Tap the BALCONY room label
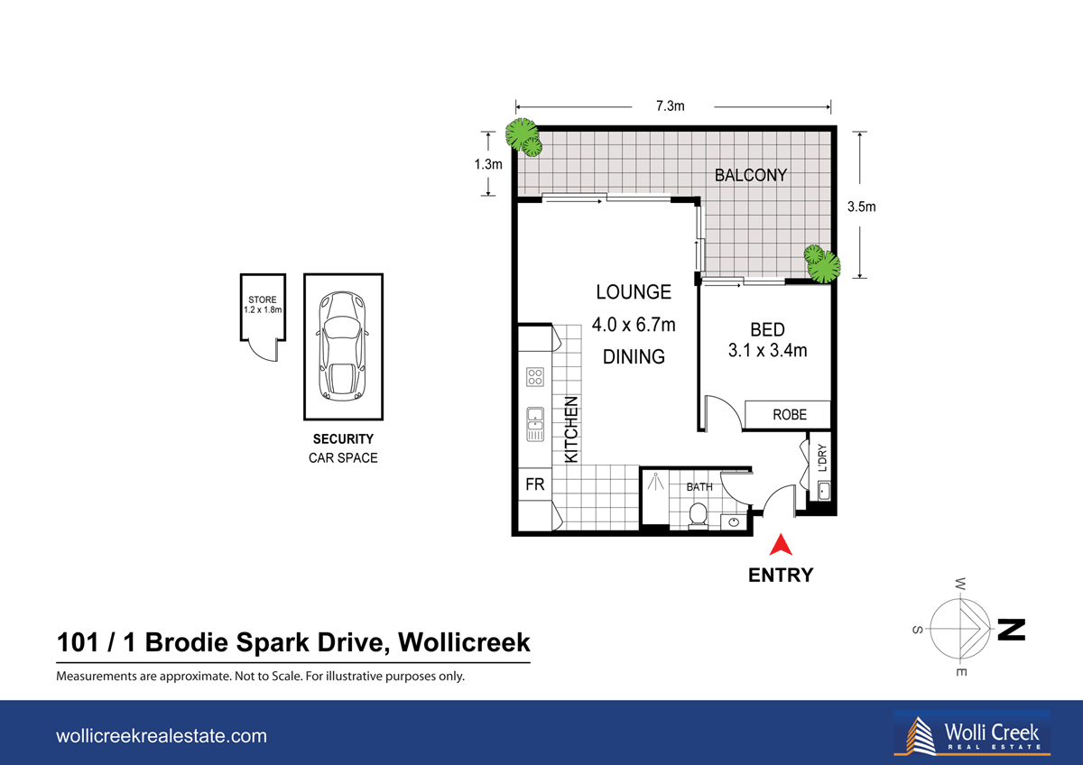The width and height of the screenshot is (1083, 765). coord(751,175)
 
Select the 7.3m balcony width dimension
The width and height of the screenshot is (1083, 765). coord(671,106)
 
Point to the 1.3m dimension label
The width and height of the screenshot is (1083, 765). coord(488,164)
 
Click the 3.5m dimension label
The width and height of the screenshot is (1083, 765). coord(861,206)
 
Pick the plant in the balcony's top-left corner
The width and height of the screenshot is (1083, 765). coord(523,135)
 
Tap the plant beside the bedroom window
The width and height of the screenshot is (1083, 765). coord(821,263)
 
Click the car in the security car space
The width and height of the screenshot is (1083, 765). coord(343,346)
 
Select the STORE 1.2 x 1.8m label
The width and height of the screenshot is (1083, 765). coord(263,305)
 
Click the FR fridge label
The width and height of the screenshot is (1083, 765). coord(534,485)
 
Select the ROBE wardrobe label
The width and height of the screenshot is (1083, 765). coord(789,415)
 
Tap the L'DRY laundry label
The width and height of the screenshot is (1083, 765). coord(822,458)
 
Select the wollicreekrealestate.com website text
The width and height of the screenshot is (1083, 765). coord(162,736)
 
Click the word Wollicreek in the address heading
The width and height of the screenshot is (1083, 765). coord(464,644)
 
